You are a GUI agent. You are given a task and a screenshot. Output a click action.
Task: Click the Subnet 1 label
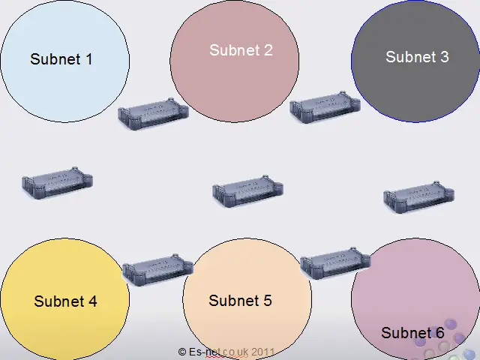[x=61, y=58]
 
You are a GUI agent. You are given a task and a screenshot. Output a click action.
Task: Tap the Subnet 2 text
[x=241, y=50]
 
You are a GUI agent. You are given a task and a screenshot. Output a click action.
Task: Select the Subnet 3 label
[x=417, y=56]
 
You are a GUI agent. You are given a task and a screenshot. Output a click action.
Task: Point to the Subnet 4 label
[x=65, y=301]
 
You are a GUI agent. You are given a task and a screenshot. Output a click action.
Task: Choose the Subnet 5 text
[x=240, y=301]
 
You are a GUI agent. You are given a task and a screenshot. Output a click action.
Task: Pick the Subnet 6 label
[x=412, y=333]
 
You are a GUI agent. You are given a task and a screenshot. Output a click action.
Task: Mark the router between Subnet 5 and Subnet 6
[x=335, y=262]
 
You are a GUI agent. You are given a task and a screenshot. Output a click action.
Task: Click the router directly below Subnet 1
[x=57, y=182]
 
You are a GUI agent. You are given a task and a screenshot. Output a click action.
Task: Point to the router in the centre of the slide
[x=247, y=191]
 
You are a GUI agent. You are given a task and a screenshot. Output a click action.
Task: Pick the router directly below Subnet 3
[x=418, y=196]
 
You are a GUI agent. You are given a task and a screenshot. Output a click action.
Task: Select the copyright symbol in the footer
[x=182, y=351]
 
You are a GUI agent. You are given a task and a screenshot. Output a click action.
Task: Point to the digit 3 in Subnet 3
[x=444, y=56]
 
